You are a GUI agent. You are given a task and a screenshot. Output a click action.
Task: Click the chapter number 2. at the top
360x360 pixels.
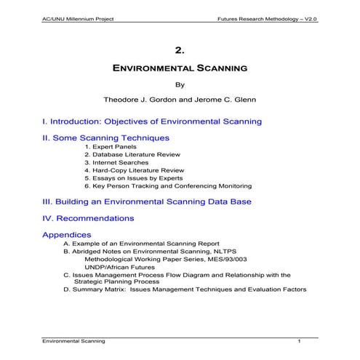coord(180,50)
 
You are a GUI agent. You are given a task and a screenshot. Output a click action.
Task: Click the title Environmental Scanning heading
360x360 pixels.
coord(180,68)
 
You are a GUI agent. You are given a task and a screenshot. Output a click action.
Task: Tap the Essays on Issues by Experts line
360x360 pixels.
coord(135,178)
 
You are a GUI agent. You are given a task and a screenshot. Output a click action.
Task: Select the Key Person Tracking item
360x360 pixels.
coord(168,186)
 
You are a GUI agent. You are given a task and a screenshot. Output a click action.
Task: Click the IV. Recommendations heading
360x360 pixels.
coord(88,217)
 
